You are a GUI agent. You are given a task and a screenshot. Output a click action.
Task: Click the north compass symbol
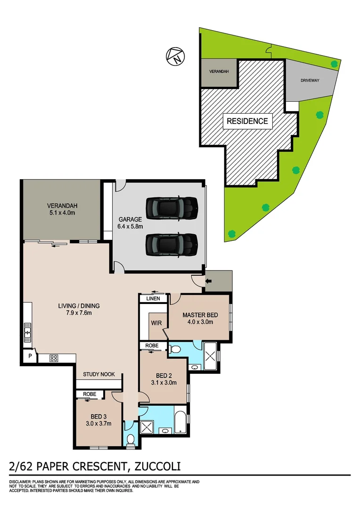(175, 57)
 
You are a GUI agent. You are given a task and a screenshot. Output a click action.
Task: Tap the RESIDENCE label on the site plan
(247, 121)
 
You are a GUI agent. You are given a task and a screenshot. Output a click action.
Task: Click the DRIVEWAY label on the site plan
(310, 81)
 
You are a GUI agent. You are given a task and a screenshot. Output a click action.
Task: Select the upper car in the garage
(171, 208)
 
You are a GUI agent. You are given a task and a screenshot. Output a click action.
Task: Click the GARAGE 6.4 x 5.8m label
(131, 223)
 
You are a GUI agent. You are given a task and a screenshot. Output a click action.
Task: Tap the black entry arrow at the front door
(208, 282)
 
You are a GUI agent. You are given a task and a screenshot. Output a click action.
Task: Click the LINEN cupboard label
(153, 299)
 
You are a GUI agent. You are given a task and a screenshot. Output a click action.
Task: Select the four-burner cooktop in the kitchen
(54, 358)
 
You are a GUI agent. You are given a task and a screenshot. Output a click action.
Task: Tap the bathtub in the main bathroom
(180, 422)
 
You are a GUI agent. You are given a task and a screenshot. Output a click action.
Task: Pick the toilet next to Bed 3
(131, 439)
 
